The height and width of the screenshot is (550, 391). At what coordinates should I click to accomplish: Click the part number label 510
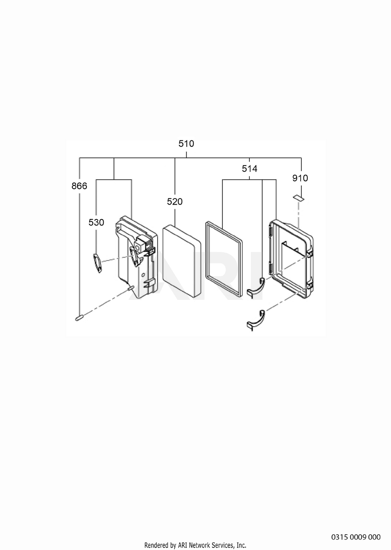(186, 144)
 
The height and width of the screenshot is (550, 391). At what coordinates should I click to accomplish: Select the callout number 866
(79, 186)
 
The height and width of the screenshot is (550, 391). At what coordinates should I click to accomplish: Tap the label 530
(96, 223)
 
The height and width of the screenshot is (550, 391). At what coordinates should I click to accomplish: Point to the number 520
(175, 201)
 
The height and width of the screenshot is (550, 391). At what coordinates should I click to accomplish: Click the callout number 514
(249, 169)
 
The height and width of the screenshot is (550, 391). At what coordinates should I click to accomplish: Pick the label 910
(300, 178)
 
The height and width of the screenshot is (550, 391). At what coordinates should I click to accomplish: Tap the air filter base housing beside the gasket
(136, 257)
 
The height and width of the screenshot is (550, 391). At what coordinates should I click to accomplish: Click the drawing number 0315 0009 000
(356, 537)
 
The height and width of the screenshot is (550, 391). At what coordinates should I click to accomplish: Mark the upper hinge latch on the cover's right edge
(310, 253)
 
